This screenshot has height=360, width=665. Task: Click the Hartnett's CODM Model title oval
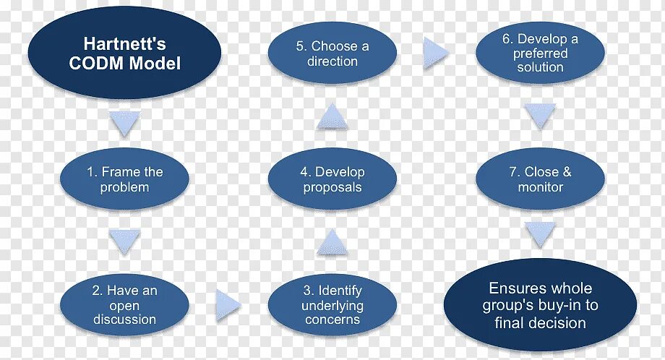pyautogui.click(x=124, y=54)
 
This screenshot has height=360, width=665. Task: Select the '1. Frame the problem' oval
pyautogui.click(x=124, y=180)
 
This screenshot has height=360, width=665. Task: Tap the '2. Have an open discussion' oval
pyautogui.click(x=124, y=304)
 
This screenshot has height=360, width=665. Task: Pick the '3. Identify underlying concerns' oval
pyautogui.click(x=332, y=304)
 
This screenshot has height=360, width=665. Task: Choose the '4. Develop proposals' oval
pyautogui.click(x=332, y=180)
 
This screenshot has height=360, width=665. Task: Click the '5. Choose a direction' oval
pyautogui.click(x=332, y=54)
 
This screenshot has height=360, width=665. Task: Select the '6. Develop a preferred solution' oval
pyautogui.click(x=540, y=54)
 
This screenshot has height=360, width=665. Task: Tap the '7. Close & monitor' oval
pyautogui.click(x=540, y=180)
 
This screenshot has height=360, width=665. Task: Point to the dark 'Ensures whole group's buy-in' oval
pyautogui.click(x=540, y=305)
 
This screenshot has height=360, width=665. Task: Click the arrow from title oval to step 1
pyautogui.click(x=124, y=124)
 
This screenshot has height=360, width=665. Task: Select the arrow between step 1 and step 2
pyautogui.click(x=124, y=239)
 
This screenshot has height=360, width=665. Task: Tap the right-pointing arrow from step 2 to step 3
pyautogui.click(x=228, y=306)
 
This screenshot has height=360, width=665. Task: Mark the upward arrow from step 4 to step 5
pyautogui.click(x=332, y=116)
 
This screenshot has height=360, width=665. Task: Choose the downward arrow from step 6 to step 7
pyautogui.click(x=540, y=116)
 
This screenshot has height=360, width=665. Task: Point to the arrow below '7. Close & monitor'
pyautogui.click(x=540, y=234)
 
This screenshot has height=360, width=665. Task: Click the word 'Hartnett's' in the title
pyautogui.click(x=124, y=45)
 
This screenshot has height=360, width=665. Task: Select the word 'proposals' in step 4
pyautogui.click(x=332, y=188)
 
